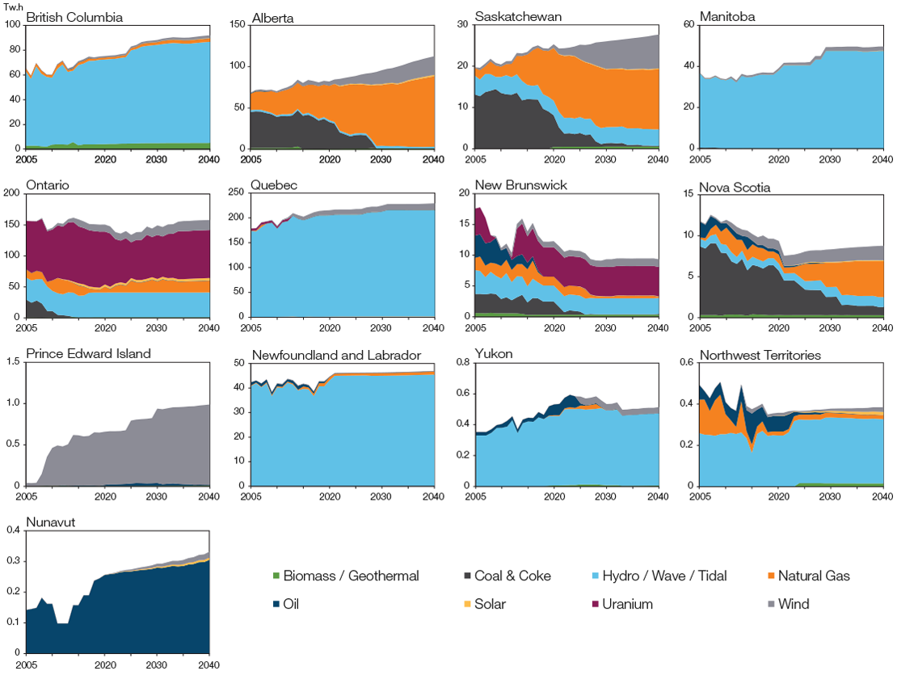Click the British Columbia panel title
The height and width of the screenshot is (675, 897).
pos(74,17)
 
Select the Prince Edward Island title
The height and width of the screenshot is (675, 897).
pos(88,354)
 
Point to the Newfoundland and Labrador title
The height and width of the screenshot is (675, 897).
pos(336,354)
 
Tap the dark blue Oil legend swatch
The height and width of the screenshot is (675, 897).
pos(276,604)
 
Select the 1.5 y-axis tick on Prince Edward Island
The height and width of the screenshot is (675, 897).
pos(14,361)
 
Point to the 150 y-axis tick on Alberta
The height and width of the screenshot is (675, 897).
pos(237,24)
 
